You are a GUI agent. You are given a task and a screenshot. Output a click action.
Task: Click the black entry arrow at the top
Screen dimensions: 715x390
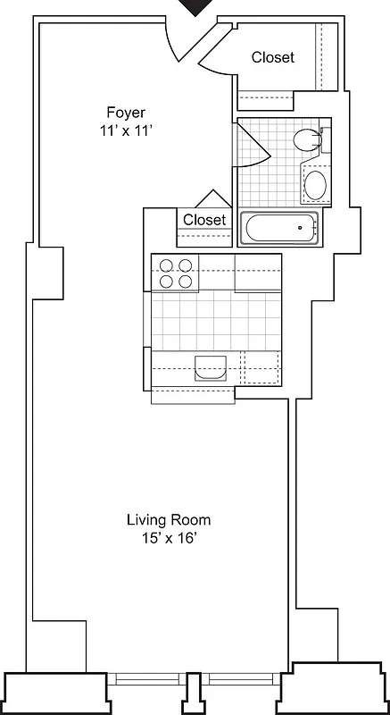(195, 6)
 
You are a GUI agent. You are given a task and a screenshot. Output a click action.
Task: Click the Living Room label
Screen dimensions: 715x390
(168, 520)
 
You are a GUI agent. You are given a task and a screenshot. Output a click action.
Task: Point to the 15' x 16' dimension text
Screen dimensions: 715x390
(168, 537)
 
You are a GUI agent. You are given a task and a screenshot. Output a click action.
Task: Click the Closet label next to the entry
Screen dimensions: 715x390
(272, 57)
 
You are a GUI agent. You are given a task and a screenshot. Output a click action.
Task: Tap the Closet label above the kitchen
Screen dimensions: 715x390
(204, 220)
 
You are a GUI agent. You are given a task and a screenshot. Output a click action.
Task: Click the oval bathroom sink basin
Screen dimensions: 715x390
(315, 186)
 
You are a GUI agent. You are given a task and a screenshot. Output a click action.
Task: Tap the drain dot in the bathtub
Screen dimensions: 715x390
(300, 229)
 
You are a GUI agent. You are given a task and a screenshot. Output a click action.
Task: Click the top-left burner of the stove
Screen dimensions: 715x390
(166, 265)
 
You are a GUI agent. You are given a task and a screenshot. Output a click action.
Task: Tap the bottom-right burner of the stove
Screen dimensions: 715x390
(185, 281)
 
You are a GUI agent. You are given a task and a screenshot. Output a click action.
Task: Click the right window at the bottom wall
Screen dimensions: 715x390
(242, 678)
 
